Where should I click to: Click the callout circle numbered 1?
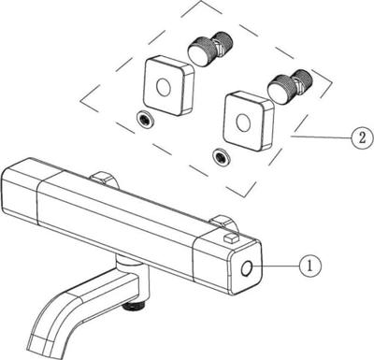309,266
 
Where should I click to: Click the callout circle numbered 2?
362,137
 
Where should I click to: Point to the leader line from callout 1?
275,266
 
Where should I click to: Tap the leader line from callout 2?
321,137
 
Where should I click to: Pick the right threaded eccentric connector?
291,86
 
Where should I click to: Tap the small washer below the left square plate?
144,119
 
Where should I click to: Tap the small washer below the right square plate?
221,156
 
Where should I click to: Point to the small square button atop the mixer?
231,238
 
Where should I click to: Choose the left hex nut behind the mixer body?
104,180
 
